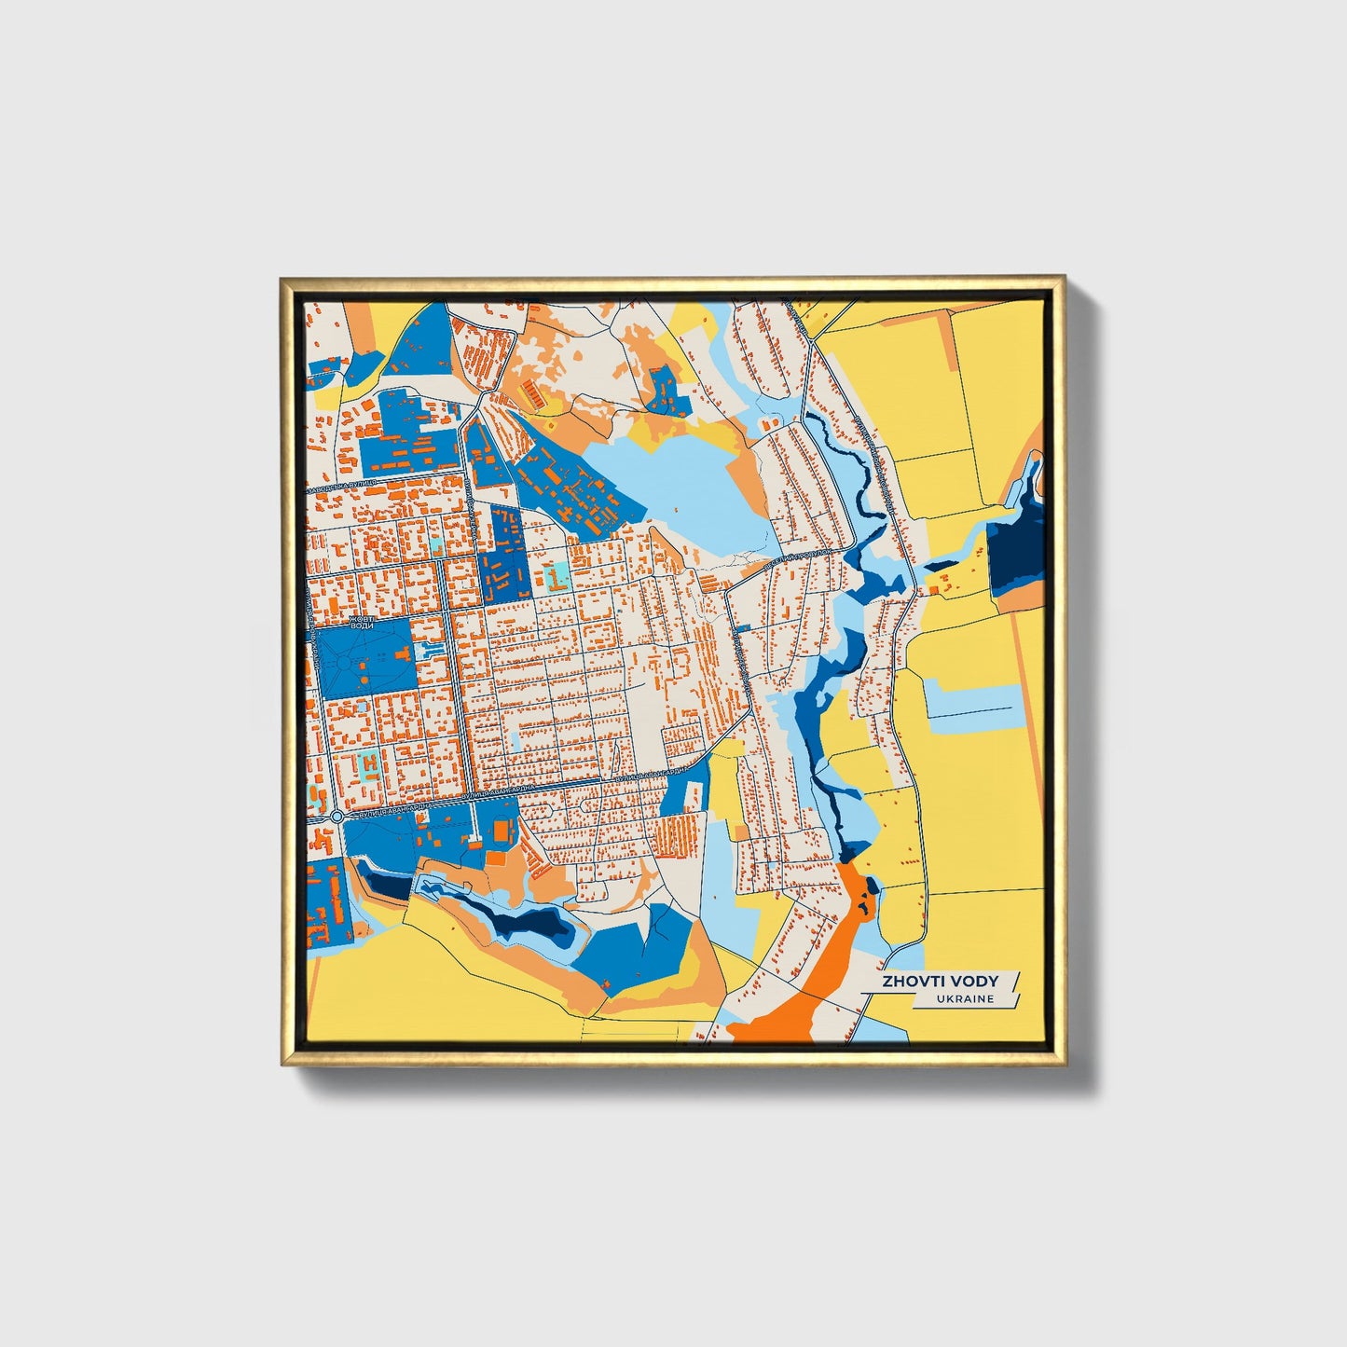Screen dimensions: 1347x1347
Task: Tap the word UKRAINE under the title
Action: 967,998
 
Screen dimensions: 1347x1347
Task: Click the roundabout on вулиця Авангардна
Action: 336,817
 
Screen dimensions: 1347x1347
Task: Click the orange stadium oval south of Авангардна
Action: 502,830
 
